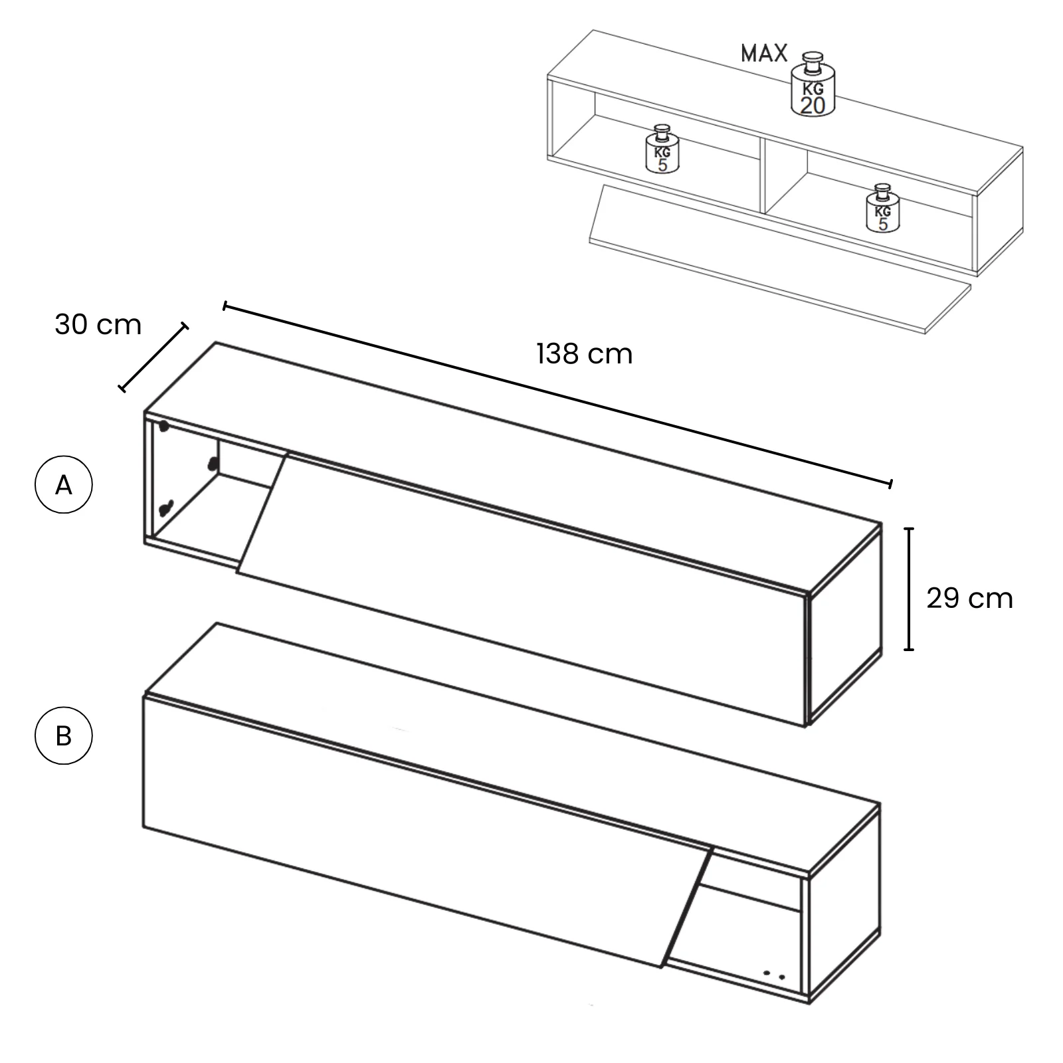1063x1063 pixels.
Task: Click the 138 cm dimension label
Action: point(584,354)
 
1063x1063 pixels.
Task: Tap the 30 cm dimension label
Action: point(98,325)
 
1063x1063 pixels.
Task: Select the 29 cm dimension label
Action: point(969,599)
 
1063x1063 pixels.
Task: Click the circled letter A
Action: point(63,485)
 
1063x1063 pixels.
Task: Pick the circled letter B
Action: point(63,736)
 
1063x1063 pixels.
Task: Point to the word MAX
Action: point(764,53)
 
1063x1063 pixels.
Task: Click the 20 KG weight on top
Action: point(813,84)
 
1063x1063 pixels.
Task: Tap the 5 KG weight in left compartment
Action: point(662,149)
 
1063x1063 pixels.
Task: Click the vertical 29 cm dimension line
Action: point(909,589)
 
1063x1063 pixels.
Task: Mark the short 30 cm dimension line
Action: point(153,357)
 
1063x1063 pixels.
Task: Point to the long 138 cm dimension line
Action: point(558,395)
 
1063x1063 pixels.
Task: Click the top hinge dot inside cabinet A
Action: point(163,426)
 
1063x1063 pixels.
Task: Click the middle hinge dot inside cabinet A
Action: point(213,464)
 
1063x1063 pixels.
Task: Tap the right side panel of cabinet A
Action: point(844,625)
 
